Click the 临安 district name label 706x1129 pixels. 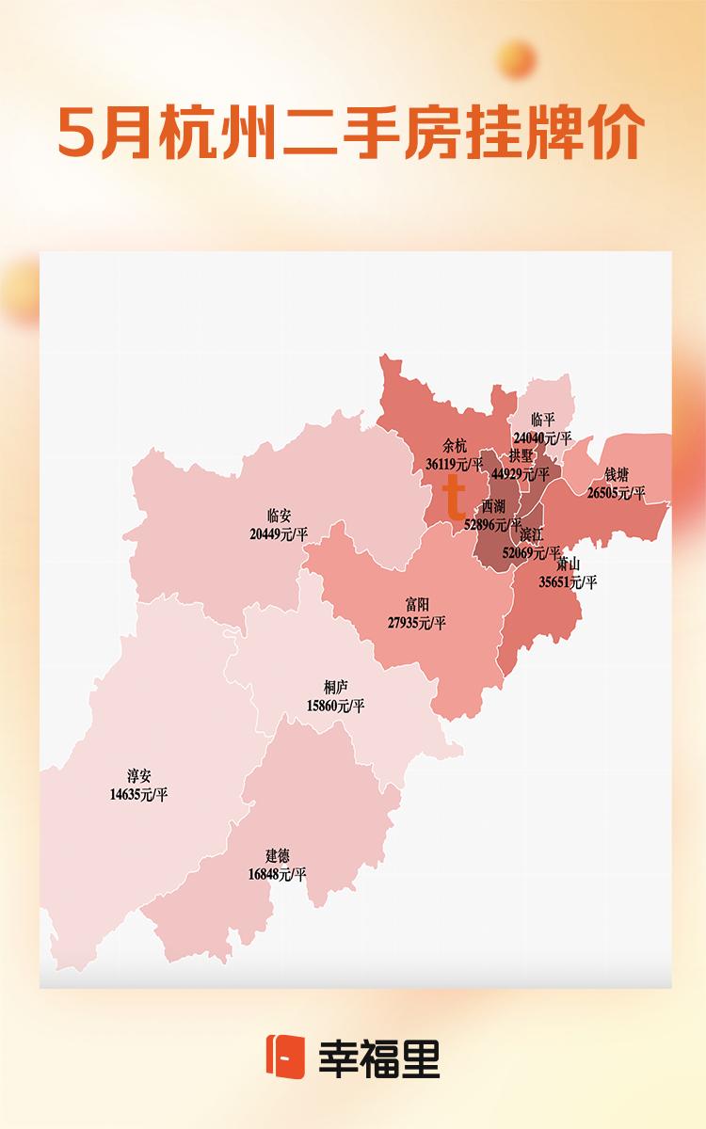coord(279,516)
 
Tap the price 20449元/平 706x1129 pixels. coord(279,533)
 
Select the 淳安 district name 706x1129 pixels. coord(138,777)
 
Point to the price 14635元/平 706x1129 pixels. coord(138,795)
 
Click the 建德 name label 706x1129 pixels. coord(277,856)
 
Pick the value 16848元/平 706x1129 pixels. coord(277,874)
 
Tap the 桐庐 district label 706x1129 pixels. coord(335,687)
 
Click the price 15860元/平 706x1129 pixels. coord(335,705)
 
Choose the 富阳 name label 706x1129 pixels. coord(415,605)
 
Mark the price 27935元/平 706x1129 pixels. coord(416,623)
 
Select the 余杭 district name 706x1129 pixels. coord(454,447)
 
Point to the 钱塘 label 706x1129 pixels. coord(617,474)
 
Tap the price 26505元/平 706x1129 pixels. coord(617,492)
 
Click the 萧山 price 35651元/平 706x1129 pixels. coord(568,582)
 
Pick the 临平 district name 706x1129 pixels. coord(543,420)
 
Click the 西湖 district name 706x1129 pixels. coord(493,506)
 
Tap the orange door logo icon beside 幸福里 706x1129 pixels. coord(285,1057)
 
